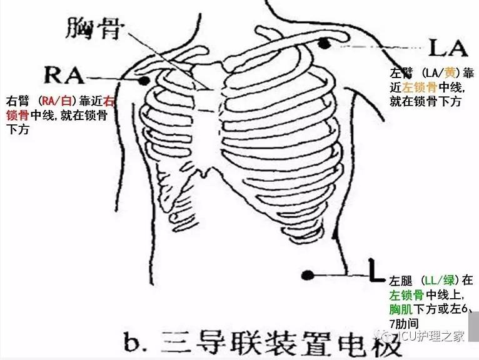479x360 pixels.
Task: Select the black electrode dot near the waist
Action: pos(307,274)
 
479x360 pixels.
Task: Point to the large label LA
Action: pos(448,47)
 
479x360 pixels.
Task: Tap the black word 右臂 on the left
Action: pos(18,101)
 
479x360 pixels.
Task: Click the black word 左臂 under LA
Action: pos(400,73)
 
